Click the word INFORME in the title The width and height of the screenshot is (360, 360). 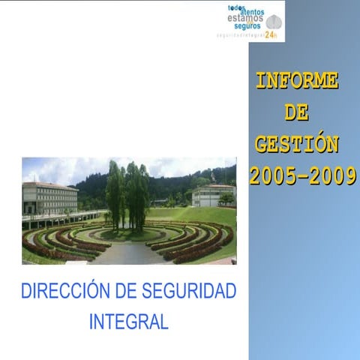pyautogui.click(x=297, y=80)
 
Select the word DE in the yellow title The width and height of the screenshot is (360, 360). pyautogui.click(x=297, y=112)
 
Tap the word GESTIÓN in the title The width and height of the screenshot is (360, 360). pyautogui.click(x=297, y=144)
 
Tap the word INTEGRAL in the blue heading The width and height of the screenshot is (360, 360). pyautogui.click(x=128, y=321)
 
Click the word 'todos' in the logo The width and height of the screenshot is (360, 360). pyautogui.click(x=236, y=7)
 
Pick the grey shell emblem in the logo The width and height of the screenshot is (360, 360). pyautogui.click(x=274, y=22)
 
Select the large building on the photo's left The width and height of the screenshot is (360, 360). pyautogui.click(x=49, y=198)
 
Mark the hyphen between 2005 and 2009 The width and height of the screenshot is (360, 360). pyautogui.click(x=301, y=177)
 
